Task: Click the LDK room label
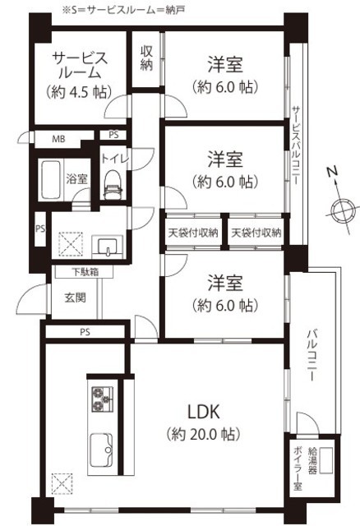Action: [x=203, y=412]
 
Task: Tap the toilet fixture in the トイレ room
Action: [x=113, y=184]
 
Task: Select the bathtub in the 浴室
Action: [x=51, y=179]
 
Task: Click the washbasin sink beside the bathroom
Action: [x=108, y=247]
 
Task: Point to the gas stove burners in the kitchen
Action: [x=102, y=399]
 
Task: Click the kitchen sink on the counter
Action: [x=101, y=450]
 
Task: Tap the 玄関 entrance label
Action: [x=75, y=298]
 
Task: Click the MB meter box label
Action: [x=58, y=139]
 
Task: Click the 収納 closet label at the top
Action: [x=146, y=58]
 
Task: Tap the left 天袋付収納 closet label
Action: [x=193, y=233]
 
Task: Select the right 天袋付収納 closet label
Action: [x=256, y=233]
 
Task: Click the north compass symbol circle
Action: [x=342, y=210]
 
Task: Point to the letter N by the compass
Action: [x=333, y=172]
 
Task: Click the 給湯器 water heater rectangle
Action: [x=326, y=460]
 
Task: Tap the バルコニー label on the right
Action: [x=312, y=356]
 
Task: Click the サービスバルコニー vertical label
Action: [x=296, y=145]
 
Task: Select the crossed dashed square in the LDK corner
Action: [x=62, y=484]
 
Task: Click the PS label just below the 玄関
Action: [x=85, y=332]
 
